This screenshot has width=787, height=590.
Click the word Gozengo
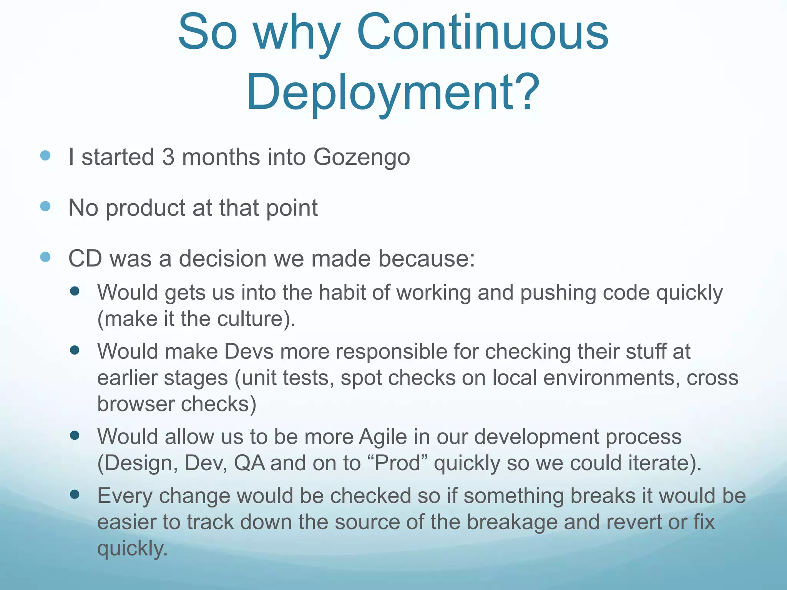point(362,157)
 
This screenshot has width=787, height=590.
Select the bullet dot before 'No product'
point(45,206)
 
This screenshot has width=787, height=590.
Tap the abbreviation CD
point(85,258)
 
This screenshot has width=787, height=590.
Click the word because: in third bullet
point(427,258)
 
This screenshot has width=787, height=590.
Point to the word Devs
point(249,351)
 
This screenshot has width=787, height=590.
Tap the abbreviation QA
point(249,463)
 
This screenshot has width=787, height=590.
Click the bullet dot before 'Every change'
point(75,494)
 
